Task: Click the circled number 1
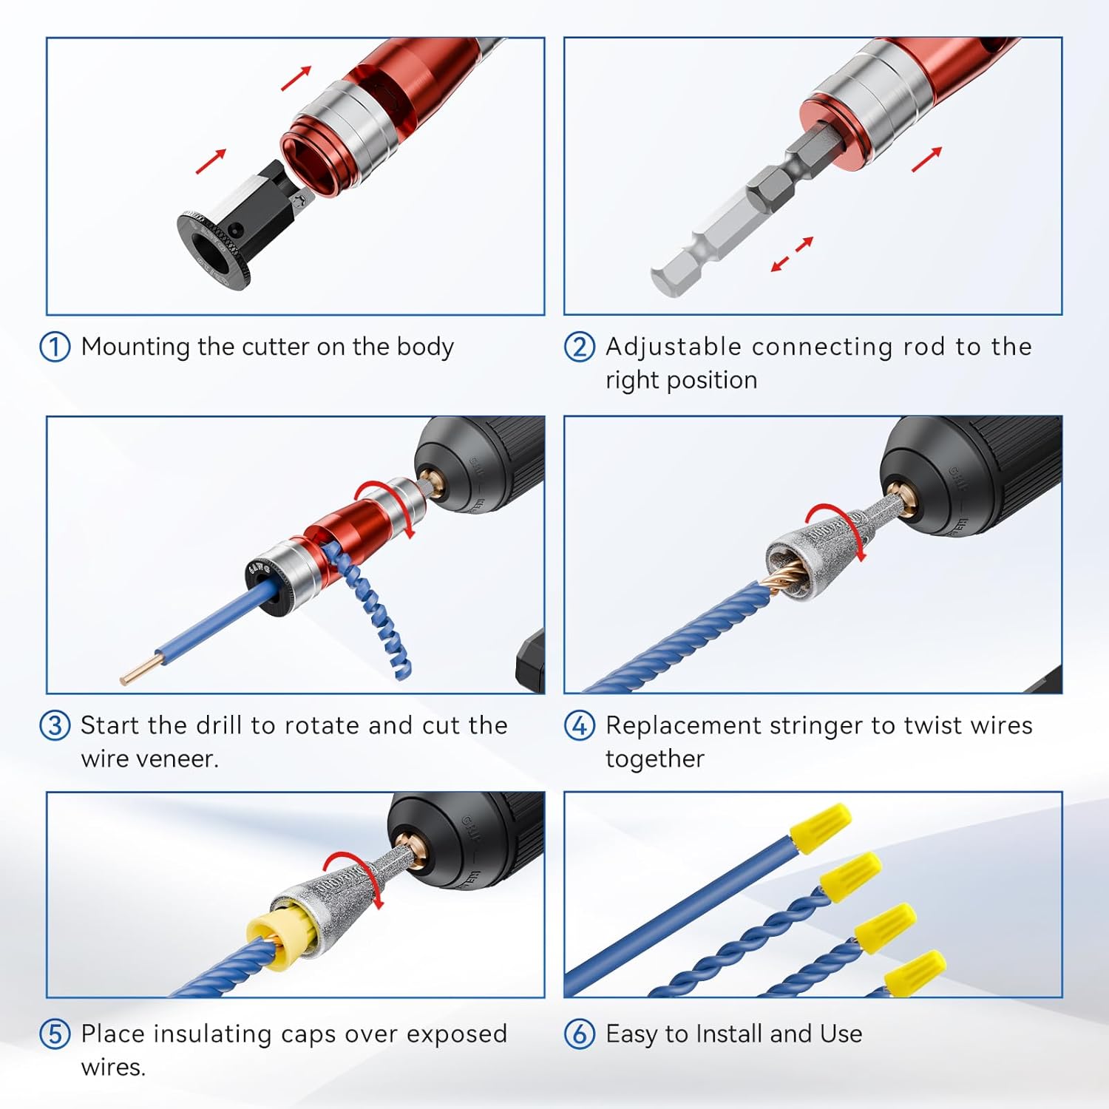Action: click(x=55, y=347)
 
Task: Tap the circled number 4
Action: click(x=580, y=725)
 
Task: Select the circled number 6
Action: click(x=580, y=1034)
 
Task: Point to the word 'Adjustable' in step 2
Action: click(x=673, y=347)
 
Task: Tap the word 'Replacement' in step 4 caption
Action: click(x=682, y=725)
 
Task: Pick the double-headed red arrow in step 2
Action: click(x=792, y=254)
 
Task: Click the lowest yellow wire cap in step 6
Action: click(x=915, y=971)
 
